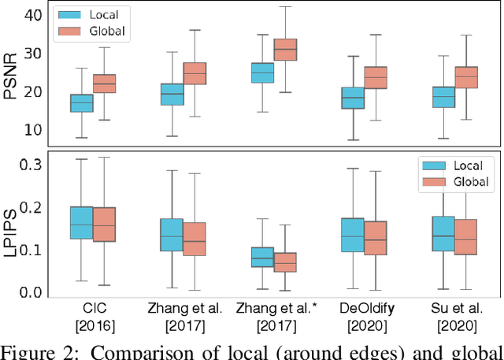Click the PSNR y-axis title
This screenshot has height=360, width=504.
click(11, 75)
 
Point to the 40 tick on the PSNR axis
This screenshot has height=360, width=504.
click(34, 15)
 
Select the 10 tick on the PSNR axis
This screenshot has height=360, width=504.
click(34, 130)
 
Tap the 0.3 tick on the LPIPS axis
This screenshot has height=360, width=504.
click(30, 165)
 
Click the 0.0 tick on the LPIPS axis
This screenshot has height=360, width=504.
click(30, 292)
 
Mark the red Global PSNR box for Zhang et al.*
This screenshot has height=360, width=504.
click(284, 50)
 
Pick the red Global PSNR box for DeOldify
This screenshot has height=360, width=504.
click(375, 77)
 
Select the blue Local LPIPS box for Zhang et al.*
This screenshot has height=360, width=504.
click(262, 257)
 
